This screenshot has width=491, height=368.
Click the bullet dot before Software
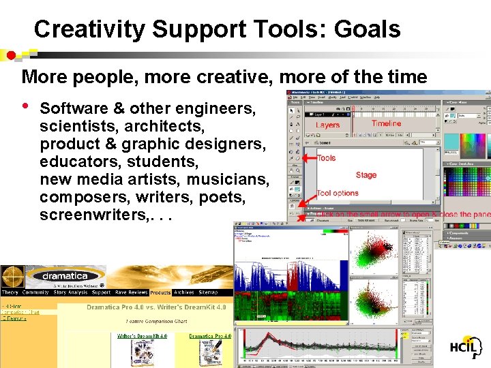(x=25, y=107)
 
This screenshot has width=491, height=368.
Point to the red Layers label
(x=327, y=125)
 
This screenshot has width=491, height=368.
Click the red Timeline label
(x=386, y=123)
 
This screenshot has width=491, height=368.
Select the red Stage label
(x=366, y=175)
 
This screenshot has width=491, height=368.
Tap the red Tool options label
(x=337, y=193)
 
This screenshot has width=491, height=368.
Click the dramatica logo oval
(x=65, y=277)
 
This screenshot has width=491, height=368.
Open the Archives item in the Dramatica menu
(x=183, y=292)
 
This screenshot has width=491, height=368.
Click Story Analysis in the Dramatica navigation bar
(x=71, y=292)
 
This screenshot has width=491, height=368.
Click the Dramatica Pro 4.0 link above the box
(x=210, y=336)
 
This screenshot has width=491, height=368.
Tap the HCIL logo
(x=466, y=347)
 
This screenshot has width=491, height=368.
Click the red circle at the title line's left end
(x=10, y=55)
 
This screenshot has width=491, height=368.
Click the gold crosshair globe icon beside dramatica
(x=12, y=277)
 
